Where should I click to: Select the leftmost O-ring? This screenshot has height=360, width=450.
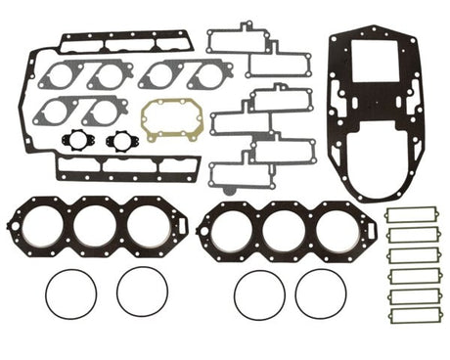[x=71, y=292]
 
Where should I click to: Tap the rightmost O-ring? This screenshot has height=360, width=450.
[x=320, y=293]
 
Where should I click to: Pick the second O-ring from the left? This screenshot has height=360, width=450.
[x=141, y=292]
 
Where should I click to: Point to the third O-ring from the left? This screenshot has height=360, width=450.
[x=259, y=293]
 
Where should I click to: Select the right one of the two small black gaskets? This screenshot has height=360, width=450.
[x=122, y=140]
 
